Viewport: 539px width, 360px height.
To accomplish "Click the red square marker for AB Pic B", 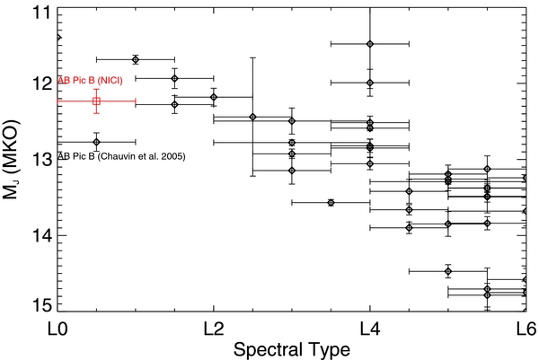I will (x=96, y=101).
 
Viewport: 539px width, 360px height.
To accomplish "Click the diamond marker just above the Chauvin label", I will (x=96, y=141).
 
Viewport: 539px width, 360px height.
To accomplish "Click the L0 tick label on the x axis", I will (x=57, y=329).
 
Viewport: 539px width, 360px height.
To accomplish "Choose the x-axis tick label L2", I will (x=213, y=329).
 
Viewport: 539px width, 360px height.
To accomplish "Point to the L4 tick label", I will (x=369, y=329).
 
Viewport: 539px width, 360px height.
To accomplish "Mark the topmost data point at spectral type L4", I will (x=370, y=43).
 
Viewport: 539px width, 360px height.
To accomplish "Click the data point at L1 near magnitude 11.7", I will (x=136, y=59).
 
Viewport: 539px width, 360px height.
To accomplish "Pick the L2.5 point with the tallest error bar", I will (x=252, y=117).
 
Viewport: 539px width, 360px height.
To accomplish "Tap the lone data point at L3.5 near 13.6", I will (x=331, y=203).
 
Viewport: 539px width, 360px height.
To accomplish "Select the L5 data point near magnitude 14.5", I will (x=448, y=270).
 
